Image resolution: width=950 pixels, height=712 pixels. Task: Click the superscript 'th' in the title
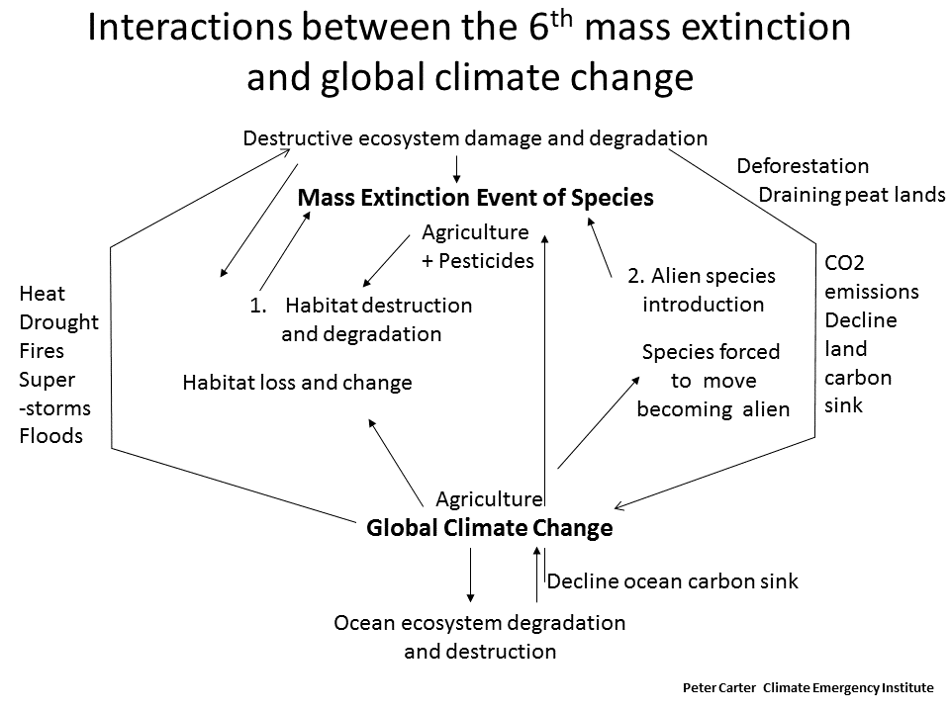coord(562,19)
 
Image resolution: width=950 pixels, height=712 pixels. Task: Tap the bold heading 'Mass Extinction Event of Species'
coord(476,198)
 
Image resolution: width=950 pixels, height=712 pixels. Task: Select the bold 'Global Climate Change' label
coord(490,528)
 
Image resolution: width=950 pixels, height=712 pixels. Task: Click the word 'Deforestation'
coord(803,166)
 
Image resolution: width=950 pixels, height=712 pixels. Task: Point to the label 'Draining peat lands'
coord(852,195)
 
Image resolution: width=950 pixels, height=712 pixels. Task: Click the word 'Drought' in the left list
coord(58,322)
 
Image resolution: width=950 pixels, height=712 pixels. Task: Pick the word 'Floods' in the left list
coord(50,436)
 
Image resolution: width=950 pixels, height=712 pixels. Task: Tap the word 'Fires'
coord(42,351)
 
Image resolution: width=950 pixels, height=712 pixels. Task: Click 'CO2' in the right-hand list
coord(844,263)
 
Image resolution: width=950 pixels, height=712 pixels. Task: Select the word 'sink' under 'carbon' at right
coord(843,405)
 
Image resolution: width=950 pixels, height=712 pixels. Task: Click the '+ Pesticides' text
coord(478,261)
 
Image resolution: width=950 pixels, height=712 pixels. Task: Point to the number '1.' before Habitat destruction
coord(258,306)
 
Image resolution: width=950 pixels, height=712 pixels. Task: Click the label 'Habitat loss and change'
coord(298,383)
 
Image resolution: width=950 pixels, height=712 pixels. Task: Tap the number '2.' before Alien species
coord(635,276)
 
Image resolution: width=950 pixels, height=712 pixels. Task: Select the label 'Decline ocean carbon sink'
coord(673,581)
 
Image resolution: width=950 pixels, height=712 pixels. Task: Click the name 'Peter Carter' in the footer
coord(719,688)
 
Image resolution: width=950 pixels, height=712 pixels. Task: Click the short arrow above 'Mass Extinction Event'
coord(457,169)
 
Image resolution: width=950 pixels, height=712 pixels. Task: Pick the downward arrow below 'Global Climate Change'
coord(470,576)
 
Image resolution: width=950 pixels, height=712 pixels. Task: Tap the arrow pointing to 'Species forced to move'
coord(599,422)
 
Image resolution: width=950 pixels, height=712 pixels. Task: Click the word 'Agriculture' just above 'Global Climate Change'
coord(490,499)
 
